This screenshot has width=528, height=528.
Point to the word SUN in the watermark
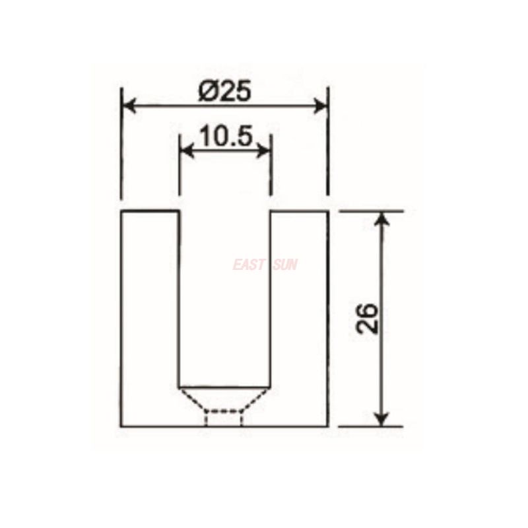pyautogui.click(x=284, y=265)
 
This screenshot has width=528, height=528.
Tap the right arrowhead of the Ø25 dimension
pyautogui.click(x=321, y=106)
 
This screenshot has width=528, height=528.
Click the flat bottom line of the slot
pyautogui.click(x=224, y=386)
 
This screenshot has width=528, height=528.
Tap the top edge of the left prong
pyautogui.click(x=150, y=211)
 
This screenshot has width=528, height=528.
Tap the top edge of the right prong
pyautogui.click(x=299, y=211)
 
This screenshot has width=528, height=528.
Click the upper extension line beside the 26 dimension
pyautogui.click(x=370, y=211)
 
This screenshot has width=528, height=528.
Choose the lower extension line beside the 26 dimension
pyautogui.click(x=370, y=426)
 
